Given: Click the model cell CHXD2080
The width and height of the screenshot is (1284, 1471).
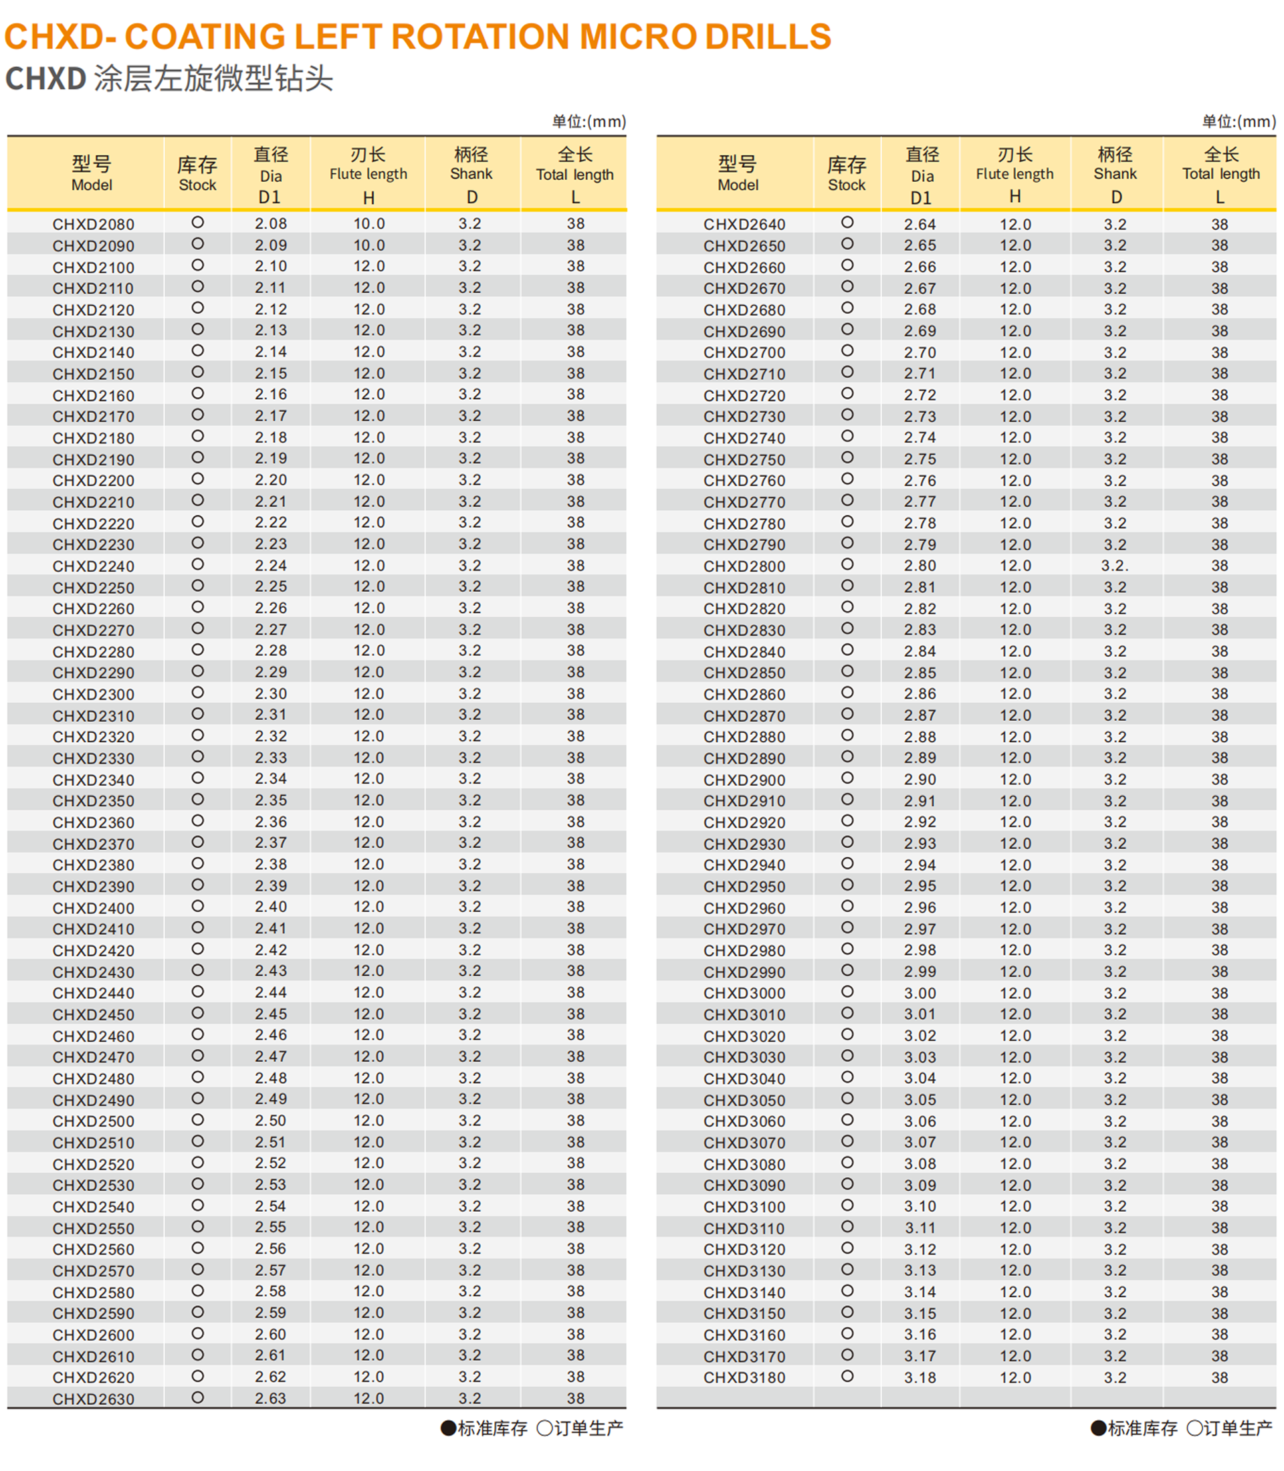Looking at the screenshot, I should point(93,224).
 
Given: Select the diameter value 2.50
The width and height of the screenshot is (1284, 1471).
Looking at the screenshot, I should point(270,1121).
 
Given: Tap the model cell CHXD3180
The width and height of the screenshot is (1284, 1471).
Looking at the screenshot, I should point(744,1377).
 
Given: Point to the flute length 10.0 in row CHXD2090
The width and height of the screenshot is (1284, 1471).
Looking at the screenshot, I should point(368,245).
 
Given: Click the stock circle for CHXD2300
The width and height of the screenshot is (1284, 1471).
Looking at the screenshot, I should point(198,693).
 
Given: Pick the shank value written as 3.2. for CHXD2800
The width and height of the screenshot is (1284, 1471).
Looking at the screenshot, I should point(1115,565).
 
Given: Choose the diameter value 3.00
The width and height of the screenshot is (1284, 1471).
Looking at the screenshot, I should point(920,993).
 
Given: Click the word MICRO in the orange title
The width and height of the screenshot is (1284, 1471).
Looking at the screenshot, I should point(637,37).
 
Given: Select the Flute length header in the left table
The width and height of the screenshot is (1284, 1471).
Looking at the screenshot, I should point(368,174).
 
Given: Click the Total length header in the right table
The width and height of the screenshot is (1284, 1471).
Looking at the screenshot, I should point(1220,174).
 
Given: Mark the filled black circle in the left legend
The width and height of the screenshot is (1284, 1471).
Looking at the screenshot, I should point(449,1428).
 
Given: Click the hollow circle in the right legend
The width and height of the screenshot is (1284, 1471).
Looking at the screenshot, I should point(1194,1428).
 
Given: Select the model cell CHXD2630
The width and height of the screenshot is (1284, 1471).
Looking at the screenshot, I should point(93,1399).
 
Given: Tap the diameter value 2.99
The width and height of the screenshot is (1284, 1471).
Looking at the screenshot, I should point(920,972).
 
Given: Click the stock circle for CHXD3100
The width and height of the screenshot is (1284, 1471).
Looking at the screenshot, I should point(847,1205).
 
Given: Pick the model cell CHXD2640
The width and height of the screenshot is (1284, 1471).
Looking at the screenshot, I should point(744,224).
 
